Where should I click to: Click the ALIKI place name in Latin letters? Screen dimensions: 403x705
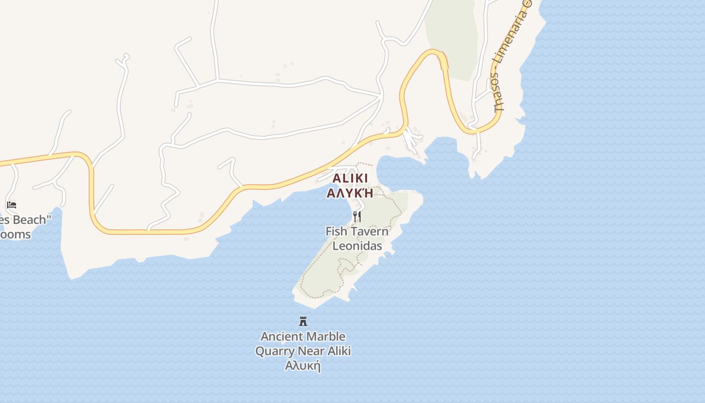pyautogui.click(x=350, y=178)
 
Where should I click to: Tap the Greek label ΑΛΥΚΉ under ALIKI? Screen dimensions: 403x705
pyautogui.click(x=350, y=193)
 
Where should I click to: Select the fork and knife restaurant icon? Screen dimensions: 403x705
pyautogui.click(x=357, y=217)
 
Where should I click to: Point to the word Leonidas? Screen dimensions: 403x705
pyautogui.click(x=357, y=246)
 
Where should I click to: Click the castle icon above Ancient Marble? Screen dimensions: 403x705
pyautogui.click(x=303, y=321)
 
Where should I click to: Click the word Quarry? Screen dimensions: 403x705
pyautogui.click(x=274, y=351)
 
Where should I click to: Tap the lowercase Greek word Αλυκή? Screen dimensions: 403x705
pyautogui.click(x=303, y=366)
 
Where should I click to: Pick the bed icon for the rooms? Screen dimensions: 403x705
pyautogui.click(x=12, y=205)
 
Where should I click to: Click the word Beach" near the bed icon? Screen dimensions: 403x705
pyautogui.click(x=28, y=220)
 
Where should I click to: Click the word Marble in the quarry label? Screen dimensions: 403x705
pyautogui.click(x=326, y=337)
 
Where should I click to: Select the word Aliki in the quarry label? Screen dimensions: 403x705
pyautogui.click(x=338, y=351)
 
